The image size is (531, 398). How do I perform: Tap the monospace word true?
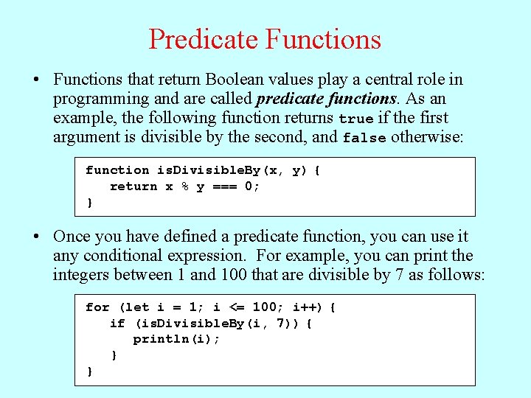point(355,119)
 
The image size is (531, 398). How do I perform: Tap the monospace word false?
point(364,138)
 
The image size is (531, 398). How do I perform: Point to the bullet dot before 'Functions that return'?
point(36,80)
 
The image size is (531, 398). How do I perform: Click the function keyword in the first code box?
point(117,170)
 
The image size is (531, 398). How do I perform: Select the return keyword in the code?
point(133,186)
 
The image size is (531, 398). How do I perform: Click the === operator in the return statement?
point(224,186)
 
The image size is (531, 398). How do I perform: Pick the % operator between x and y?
point(184,186)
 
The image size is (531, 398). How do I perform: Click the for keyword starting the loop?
point(97,307)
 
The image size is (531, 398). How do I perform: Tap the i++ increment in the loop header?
point(305,307)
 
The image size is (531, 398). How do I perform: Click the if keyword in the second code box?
point(117,324)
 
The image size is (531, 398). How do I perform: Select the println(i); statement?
point(176,340)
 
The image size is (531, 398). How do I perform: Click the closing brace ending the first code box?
point(90,203)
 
